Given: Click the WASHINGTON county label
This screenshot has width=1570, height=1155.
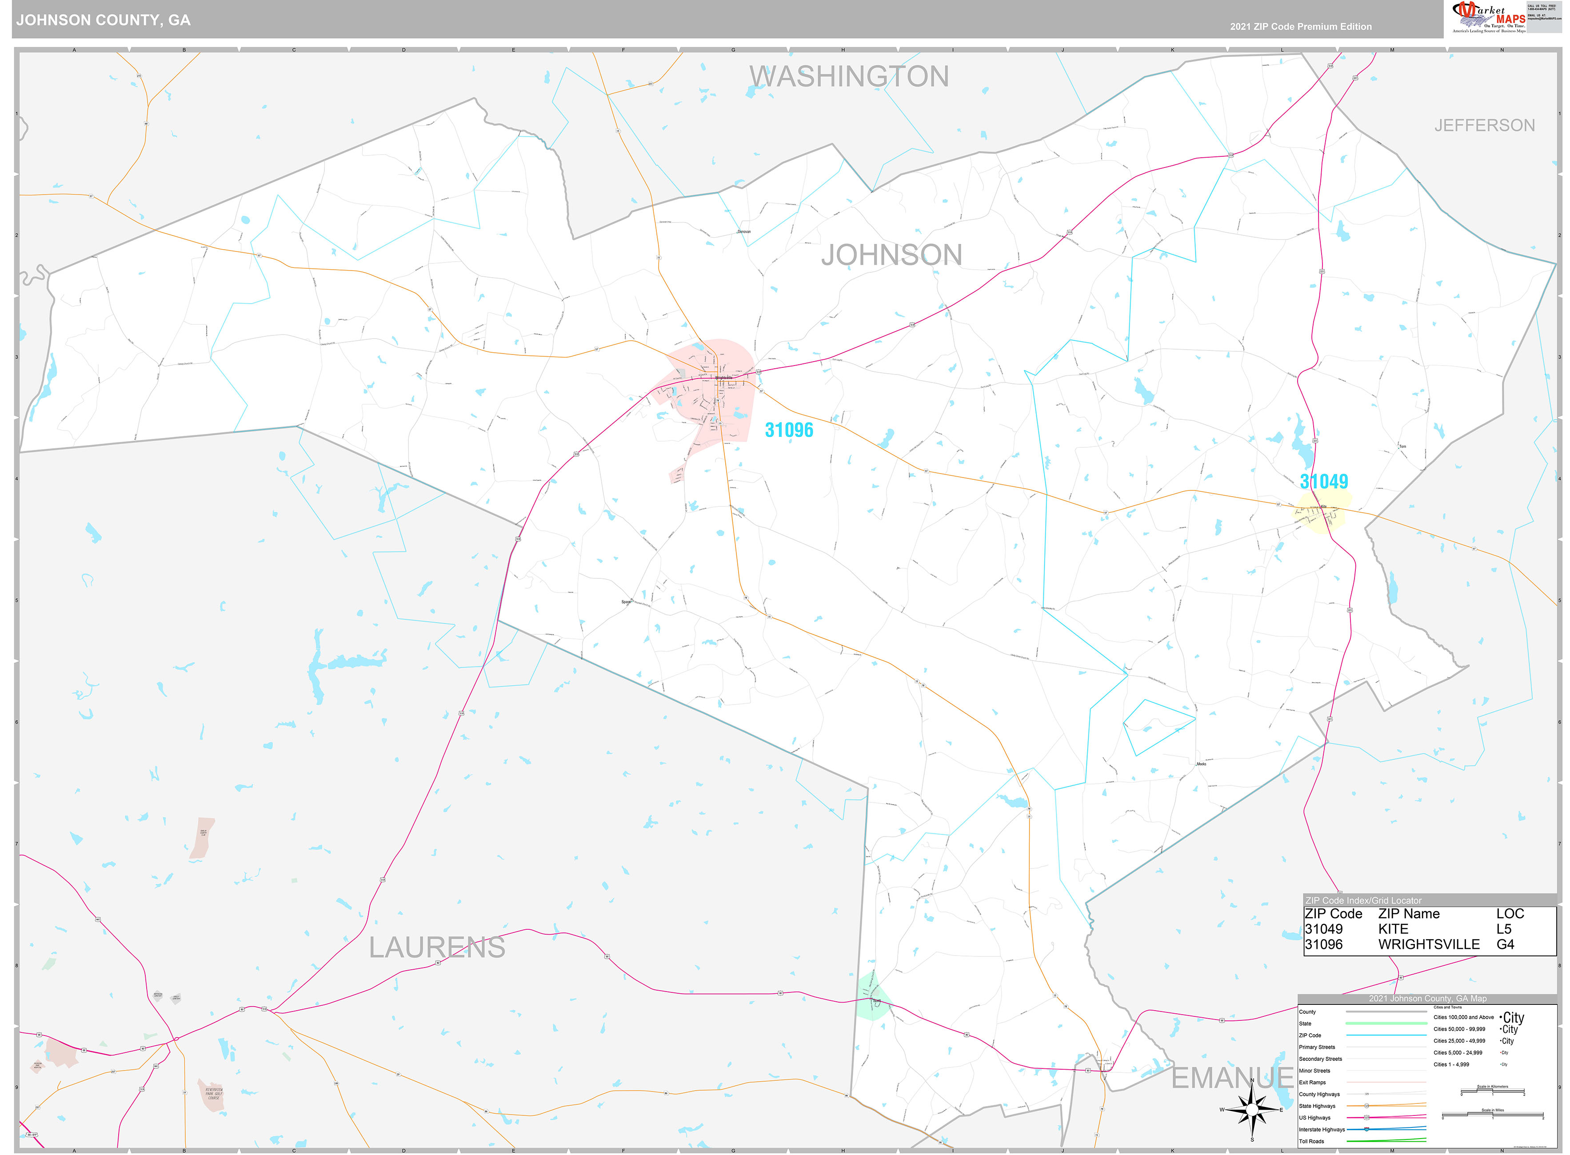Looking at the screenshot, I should (x=849, y=76).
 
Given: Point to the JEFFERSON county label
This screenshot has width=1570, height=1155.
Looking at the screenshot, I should (x=1484, y=125).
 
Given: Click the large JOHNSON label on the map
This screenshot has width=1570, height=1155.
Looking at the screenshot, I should (x=891, y=255).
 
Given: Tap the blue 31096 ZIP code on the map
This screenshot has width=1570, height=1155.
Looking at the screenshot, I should (x=789, y=430).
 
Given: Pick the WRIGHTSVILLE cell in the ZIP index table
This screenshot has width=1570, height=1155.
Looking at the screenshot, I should (x=1428, y=944).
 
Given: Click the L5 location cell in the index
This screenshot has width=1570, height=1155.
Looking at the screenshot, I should (x=1503, y=929).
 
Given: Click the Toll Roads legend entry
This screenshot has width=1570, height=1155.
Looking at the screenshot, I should (x=1311, y=1141).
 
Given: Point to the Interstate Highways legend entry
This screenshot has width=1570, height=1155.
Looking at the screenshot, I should (x=1322, y=1129).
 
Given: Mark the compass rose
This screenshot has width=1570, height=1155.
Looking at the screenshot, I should (x=1252, y=1110).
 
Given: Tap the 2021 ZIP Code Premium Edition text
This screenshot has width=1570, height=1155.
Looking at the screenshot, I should (x=1300, y=27).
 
